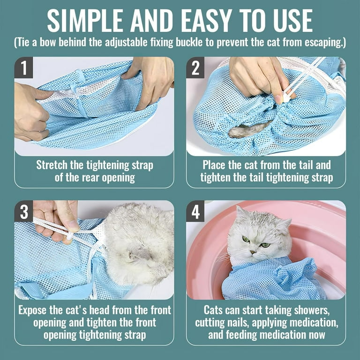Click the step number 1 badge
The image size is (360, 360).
pos(23,68)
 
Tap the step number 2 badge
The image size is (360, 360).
pos(195,68)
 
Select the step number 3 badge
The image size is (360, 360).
pos(23,212)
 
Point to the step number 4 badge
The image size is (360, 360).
pos(195,212)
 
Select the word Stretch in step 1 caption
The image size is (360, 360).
pos(52,165)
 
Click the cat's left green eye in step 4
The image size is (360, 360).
pos(246,240)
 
